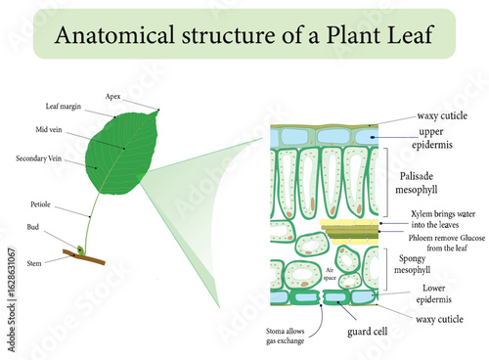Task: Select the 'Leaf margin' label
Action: coord(63,106)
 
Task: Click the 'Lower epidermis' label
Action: coord(431,294)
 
